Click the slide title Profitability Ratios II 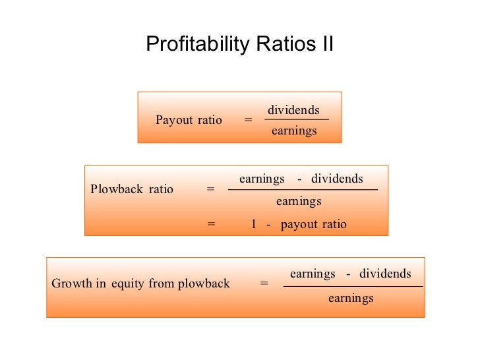pyautogui.click(x=239, y=44)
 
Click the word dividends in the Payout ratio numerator pyautogui.click(x=293, y=110)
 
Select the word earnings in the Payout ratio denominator pyautogui.click(x=294, y=131)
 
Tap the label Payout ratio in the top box pyautogui.click(x=189, y=120)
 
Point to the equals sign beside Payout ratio pyautogui.click(x=248, y=120)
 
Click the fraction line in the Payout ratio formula pyautogui.click(x=296, y=120)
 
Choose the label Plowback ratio pyautogui.click(x=132, y=189)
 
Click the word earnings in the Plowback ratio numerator pyautogui.click(x=262, y=179)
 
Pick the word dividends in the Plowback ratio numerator pyautogui.click(x=337, y=179)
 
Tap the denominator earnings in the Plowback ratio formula pyautogui.click(x=299, y=201)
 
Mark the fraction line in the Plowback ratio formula pyautogui.click(x=303, y=190)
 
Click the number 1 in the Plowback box pyautogui.click(x=253, y=224)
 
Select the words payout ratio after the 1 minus pyautogui.click(x=313, y=224)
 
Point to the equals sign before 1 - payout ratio pyautogui.click(x=211, y=224)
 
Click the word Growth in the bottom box pyautogui.click(x=69, y=284)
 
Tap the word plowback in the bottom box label pyautogui.click(x=204, y=284)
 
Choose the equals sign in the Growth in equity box pyautogui.click(x=264, y=284)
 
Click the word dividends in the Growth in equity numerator pyautogui.click(x=385, y=274)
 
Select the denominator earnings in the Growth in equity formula pyautogui.click(x=351, y=298)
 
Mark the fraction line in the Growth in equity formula pyautogui.click(x=353, y=286)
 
